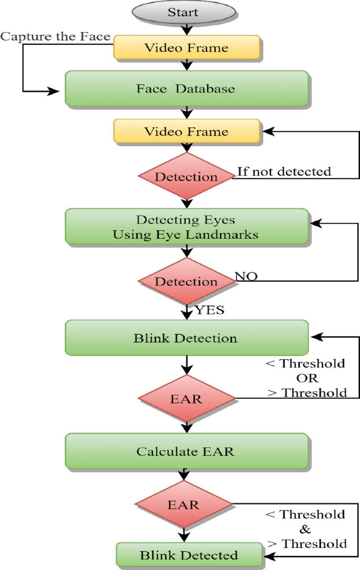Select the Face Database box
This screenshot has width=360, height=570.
tap(186, 88)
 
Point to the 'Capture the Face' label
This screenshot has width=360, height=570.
tap(55, 36)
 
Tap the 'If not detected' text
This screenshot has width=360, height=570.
tap(284, 171)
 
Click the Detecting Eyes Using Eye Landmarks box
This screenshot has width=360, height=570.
tap(186, 227)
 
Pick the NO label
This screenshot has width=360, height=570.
tap(246, 276)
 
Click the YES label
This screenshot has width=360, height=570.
tap(210, 310)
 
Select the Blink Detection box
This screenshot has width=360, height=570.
tap(186, 338)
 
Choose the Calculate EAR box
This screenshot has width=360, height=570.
tap(186, 451)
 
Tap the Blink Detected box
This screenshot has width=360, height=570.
tap(189, 555)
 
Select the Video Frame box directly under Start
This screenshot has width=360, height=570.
tap(187, 48)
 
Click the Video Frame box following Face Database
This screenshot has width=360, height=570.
tap(187, 131)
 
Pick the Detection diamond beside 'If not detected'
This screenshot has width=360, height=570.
tap(186, 176)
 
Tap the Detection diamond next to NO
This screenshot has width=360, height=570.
tap(186, 281)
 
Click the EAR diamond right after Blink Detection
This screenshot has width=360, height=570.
tap(186, 398)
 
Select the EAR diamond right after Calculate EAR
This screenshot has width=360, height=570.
tap(183, 505)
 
